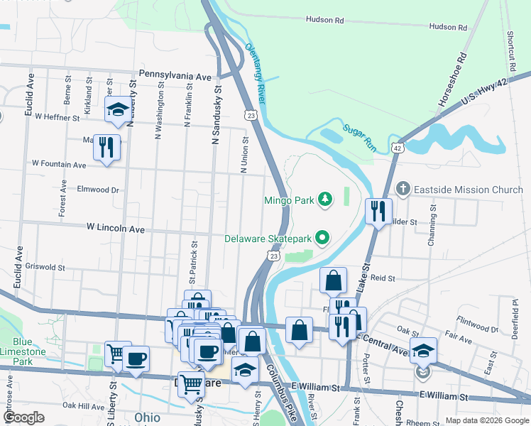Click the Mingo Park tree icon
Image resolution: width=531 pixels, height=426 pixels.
pos(325,200)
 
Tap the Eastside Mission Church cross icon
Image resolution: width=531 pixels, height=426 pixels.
pos(403,190)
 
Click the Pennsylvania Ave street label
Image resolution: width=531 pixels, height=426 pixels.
pos(175,75)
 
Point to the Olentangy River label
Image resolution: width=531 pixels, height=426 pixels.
pos(255,73)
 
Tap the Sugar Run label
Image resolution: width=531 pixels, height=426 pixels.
pos(358,133)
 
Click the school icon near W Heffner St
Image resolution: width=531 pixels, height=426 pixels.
pos(118,109)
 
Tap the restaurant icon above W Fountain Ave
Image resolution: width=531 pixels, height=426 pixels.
pos(106,147)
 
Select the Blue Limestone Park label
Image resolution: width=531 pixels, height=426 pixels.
pos(23,351)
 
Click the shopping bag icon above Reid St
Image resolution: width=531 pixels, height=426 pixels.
pos(333,281)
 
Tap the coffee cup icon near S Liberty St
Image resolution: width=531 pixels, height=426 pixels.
pos(136,359)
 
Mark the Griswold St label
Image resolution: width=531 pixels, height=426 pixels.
pos(45,268)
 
